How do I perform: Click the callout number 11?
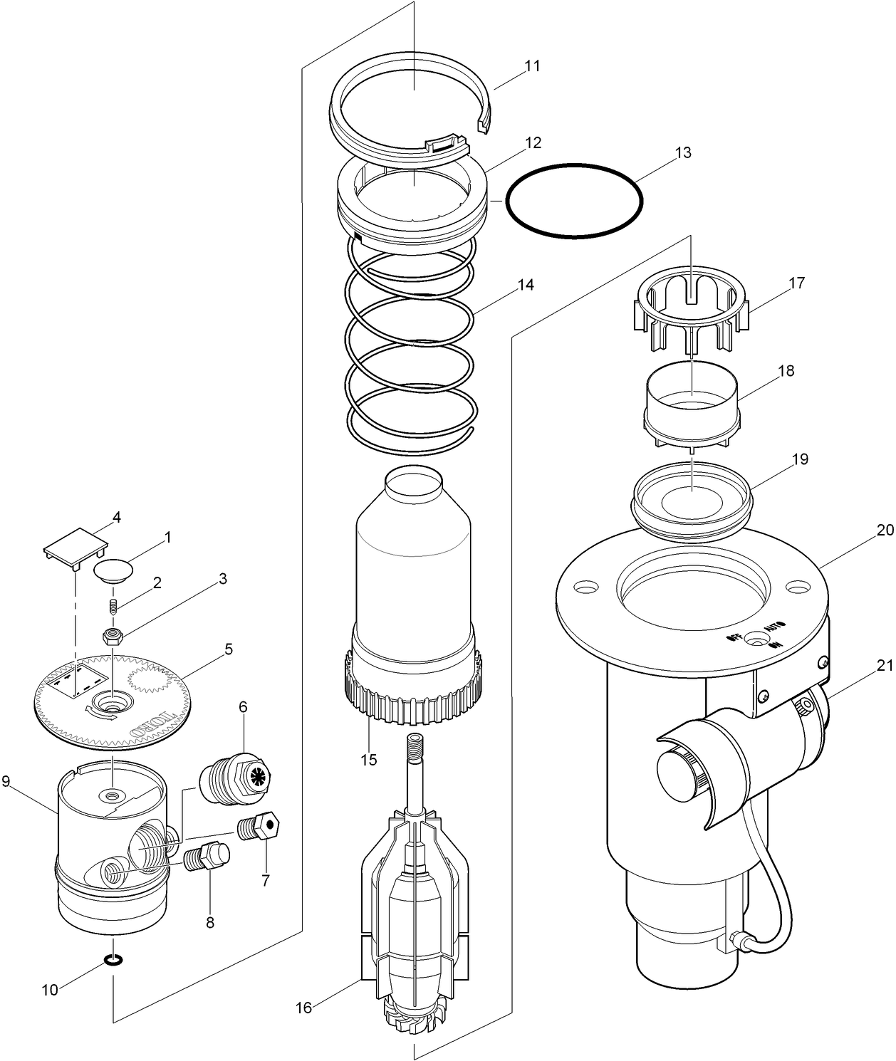point(532,66)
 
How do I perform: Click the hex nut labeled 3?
point(111,636)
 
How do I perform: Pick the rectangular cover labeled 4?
point(75,544)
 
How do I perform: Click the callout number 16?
point(304,1008)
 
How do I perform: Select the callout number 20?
point(885,530)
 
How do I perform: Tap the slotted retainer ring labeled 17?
point(691,317)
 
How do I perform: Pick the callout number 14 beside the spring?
point(526,285)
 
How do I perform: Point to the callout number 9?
point(6,781)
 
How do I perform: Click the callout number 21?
point(884,667)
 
